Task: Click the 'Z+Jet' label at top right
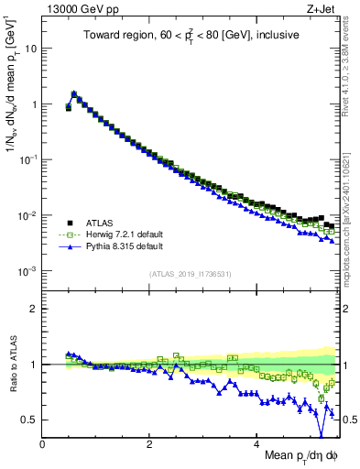(322, 10)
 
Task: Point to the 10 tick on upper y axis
(32, 49)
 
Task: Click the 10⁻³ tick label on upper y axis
(29, 271)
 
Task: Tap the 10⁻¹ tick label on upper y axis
(29, 159)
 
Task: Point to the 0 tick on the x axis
(42, 444)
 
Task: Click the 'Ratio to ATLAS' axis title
(12, 366)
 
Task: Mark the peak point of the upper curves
(73, 93)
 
